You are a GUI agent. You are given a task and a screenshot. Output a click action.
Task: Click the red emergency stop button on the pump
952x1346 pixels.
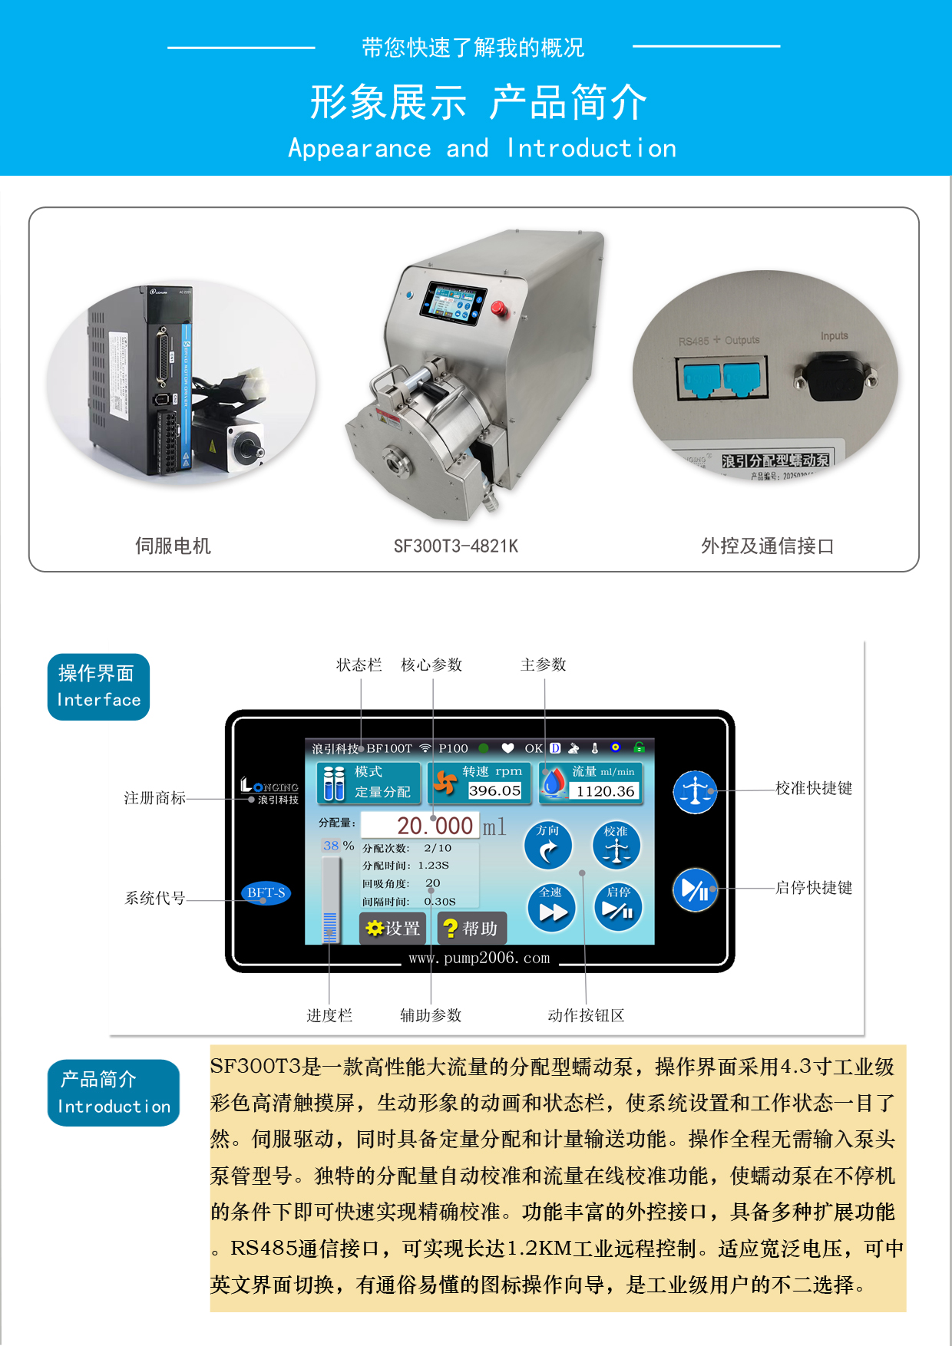point(497,308)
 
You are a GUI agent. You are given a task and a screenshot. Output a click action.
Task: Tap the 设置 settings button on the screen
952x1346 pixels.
point(393,929)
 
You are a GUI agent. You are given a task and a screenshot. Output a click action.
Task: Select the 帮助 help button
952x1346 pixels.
point(470,929)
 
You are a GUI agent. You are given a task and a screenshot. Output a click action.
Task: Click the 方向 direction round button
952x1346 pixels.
point(548,846)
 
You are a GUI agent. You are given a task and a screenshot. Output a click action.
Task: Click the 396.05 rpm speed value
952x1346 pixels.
point(494,790)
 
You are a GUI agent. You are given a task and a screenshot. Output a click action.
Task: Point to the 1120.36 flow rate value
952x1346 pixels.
point(606,791)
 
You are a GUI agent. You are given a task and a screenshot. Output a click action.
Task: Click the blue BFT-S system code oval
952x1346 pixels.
point(266,892)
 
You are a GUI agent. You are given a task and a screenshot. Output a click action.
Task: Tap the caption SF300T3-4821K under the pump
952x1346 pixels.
point(456,546)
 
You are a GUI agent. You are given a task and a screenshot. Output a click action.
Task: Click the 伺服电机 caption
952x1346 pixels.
point(173,546)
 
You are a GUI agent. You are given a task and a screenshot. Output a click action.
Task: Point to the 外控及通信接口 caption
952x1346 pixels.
point(767,546)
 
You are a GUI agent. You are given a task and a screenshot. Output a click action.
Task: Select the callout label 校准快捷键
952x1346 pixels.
point(814,789)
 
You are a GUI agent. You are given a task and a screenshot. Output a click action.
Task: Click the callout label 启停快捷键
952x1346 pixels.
point(814,888)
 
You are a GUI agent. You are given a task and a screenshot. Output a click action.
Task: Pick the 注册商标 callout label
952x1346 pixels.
point(155,799)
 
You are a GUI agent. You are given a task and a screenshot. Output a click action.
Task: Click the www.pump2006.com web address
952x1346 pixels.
point(479,958)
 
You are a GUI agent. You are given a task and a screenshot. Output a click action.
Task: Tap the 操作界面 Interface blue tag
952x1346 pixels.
point(98,687)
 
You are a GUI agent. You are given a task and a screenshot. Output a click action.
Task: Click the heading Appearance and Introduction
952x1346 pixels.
point(482,148)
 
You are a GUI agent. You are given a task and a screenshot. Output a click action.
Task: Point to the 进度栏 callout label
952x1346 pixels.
point(329,1016)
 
